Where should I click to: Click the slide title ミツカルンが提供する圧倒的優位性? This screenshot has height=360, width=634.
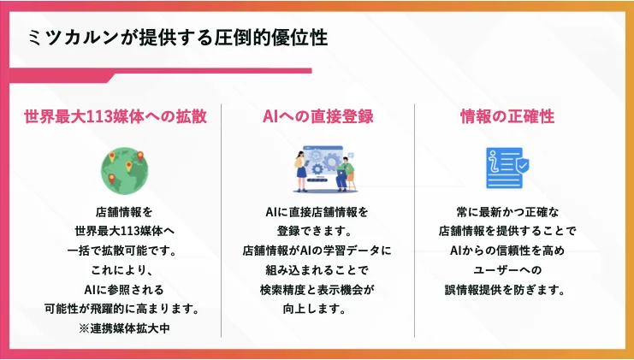[177, 39]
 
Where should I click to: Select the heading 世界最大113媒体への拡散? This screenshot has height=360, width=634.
[116, 115]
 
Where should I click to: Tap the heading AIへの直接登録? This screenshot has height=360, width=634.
[317, 115]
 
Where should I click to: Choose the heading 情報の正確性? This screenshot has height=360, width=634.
[513, 115]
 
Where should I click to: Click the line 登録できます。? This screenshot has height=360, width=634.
[317, 231]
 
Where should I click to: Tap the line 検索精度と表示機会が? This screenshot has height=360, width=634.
[317, 289]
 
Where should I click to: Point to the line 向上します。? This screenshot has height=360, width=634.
[317, 309]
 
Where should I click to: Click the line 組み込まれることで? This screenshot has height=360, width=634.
[317, 270]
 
